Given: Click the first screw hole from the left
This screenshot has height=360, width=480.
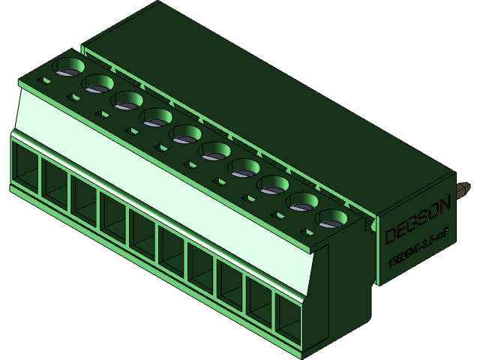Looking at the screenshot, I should [x=69, y=67].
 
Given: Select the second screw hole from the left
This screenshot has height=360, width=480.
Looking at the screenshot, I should [x=98, y=84].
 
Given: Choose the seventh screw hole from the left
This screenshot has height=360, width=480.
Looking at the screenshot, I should [x=244, y=168].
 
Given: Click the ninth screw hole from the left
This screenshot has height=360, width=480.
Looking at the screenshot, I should [x=303, y=201].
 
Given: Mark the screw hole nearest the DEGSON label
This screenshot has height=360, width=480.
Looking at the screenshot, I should [x=332, y=219].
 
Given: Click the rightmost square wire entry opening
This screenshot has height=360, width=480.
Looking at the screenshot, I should [x=287, y=319].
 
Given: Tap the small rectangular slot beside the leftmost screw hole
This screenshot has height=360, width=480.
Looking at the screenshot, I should [x=46, y=79].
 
